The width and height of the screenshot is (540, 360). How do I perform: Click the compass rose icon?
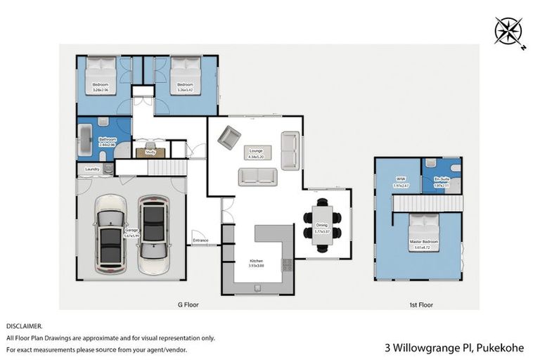coord(508,31)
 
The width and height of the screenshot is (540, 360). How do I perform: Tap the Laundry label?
coord(91,169)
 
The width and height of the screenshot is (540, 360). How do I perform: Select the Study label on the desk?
coord(150,151)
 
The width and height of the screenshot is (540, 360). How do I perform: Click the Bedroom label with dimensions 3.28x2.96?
coord(100,87)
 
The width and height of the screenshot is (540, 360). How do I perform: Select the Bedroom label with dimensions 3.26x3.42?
coord(185,87)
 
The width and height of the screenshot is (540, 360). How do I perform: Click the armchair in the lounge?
coord(229,136)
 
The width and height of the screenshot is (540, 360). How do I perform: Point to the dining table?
coord(323,223)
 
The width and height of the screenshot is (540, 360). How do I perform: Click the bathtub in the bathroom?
coord(86,141)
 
